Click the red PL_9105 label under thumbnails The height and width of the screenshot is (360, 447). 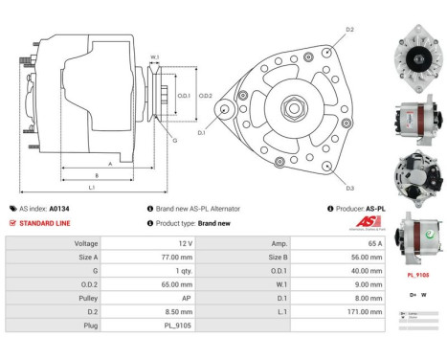point(418,275)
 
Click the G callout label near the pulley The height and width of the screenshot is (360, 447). point(174,141)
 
